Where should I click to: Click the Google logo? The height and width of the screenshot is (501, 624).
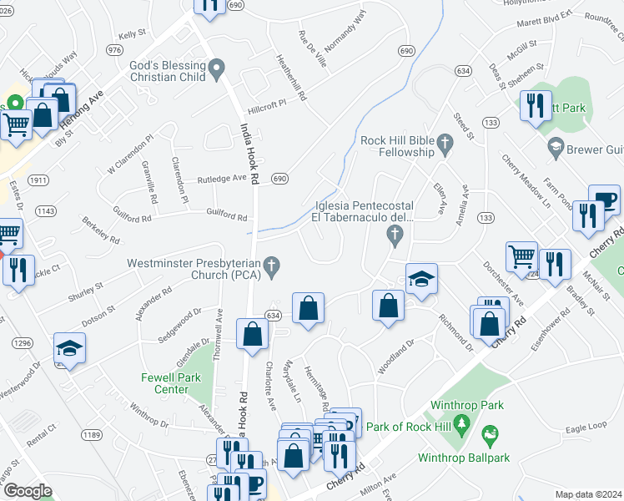point(27,490)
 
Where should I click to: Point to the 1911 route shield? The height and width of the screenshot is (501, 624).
point(37,180)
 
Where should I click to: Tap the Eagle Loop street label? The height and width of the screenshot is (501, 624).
point(585,428)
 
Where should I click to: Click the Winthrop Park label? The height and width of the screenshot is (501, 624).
point(467,405)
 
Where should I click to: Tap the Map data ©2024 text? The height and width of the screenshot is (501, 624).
point(587,493)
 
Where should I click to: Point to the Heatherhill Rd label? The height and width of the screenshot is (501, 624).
point(291,79)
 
